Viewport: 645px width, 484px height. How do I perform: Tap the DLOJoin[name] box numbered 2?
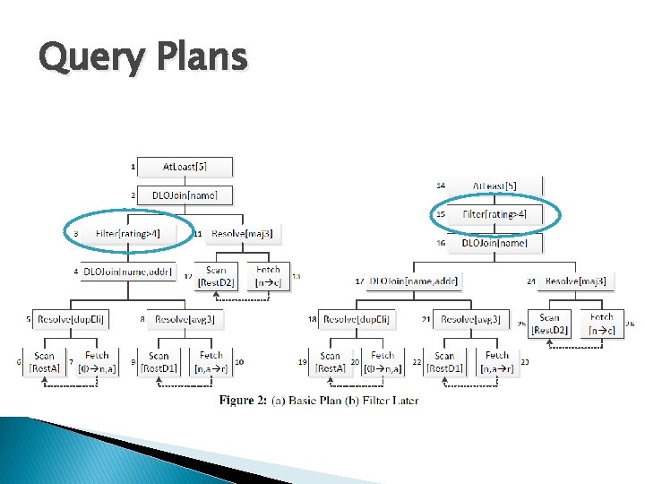pos(185,194)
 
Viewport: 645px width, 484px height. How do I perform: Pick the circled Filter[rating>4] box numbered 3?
pos(127,234)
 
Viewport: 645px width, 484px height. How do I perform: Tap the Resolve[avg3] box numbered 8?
pos(185,318)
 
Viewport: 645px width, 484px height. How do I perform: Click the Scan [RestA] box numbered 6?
pos(45,362)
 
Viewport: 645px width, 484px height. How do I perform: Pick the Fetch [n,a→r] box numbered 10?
pos(211,362)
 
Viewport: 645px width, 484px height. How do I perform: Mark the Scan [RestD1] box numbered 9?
pos(159,362)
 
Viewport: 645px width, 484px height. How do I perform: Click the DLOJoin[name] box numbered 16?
pos(494,243)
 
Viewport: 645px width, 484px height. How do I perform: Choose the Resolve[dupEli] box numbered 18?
pos(357,318)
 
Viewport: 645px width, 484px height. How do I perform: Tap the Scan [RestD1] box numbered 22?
pos(445,362)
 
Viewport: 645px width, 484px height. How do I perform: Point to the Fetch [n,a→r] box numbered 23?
pos(497,362)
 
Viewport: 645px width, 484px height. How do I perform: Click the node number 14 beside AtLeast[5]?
pos(441,186)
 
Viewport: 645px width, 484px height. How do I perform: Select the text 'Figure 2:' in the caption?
pos(244,401)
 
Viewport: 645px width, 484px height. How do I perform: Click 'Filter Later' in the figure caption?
pos(391,401)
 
